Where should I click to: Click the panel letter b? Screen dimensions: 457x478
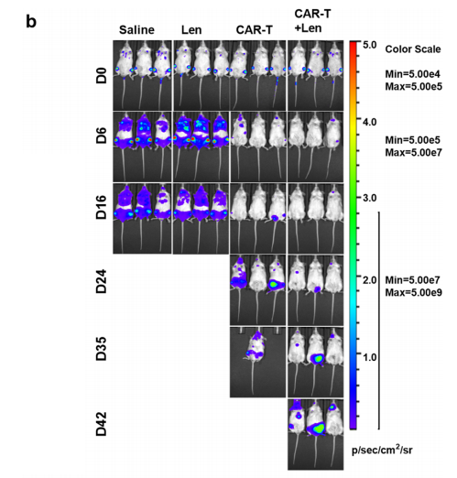pyautogui.click(x=31, y=21)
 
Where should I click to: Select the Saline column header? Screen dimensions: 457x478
pyautogui.click(x=136, y=30)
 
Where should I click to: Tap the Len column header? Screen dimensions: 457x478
pyautogui.click(x=191, y=30)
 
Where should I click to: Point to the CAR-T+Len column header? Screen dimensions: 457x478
pyautogui.click(x=312, y=21)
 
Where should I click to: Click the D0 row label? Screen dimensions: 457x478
pyautogui.click(x=102, y=76)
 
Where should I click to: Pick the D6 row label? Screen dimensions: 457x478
pyautogui.click(x=102, y=136)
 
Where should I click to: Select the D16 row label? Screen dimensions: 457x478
pyautogui.click(x=102, y=207)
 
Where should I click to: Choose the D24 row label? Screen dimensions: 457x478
pyautogui.click(x=102, y=281)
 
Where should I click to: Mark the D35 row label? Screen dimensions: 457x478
pyautogui.click(x=102, y=349)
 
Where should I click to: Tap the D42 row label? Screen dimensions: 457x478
pyautogui.click(x=102, y=424)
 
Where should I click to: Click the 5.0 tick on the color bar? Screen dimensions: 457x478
pyautogui.click(x=370, y=45)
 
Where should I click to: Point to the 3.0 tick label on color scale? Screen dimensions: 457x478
pyautogui.click(x=370, y=198)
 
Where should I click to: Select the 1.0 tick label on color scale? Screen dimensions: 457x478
pyautogui.click(x=370, y=356)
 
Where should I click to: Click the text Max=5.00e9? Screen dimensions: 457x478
pyautogui.click(x=413, y=292)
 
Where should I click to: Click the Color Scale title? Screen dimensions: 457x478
pyautogui.click(x=413, y=49)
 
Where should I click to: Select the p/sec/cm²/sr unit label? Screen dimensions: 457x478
pyautogui.click(x=382, y=450)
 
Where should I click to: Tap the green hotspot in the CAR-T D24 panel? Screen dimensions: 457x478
pyautogui.click(x=274, y=285)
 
